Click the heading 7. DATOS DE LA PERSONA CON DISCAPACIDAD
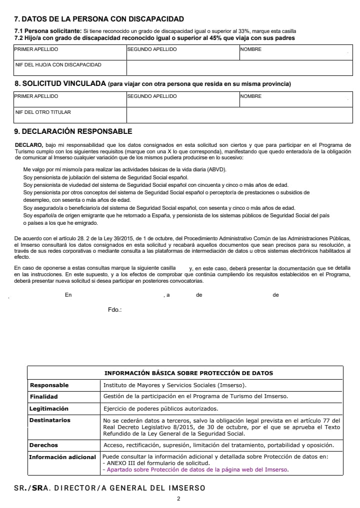click(99, 19)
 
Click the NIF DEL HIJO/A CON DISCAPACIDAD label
click(58, 65)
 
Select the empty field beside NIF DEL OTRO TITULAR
click(239, 115)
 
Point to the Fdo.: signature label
click(115, 310)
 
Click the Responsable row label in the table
click(49, 385)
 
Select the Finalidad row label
click(44, 397)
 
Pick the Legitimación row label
click(49, 409)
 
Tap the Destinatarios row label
click(50, 421)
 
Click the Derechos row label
click(44, 445)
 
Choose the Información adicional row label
click(62, 457)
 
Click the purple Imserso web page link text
click(197, 470)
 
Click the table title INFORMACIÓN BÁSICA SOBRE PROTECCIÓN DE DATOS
click(188, 373)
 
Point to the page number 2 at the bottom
click(178, 499)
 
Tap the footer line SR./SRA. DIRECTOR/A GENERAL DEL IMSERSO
click(109, 488)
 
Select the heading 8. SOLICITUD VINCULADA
click(60, 83)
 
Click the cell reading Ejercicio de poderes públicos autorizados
click(160, 409)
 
